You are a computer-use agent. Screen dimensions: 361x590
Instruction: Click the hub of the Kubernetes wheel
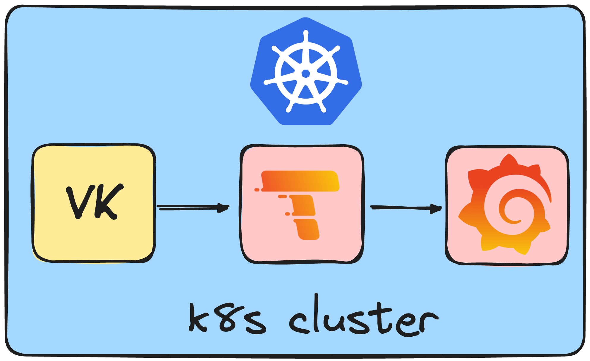point(306,73)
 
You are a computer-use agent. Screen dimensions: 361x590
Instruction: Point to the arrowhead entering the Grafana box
point(436,208)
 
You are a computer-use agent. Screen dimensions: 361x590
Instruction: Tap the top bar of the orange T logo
point(300,180)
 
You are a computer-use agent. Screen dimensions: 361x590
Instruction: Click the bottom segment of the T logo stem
point(307,229)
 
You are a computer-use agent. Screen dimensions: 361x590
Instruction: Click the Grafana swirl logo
point(505,205)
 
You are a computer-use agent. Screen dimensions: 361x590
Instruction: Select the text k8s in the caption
point(227,319)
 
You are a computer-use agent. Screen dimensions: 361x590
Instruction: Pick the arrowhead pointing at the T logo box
point(224,208)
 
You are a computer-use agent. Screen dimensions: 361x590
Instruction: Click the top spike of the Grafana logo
point(509,159)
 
